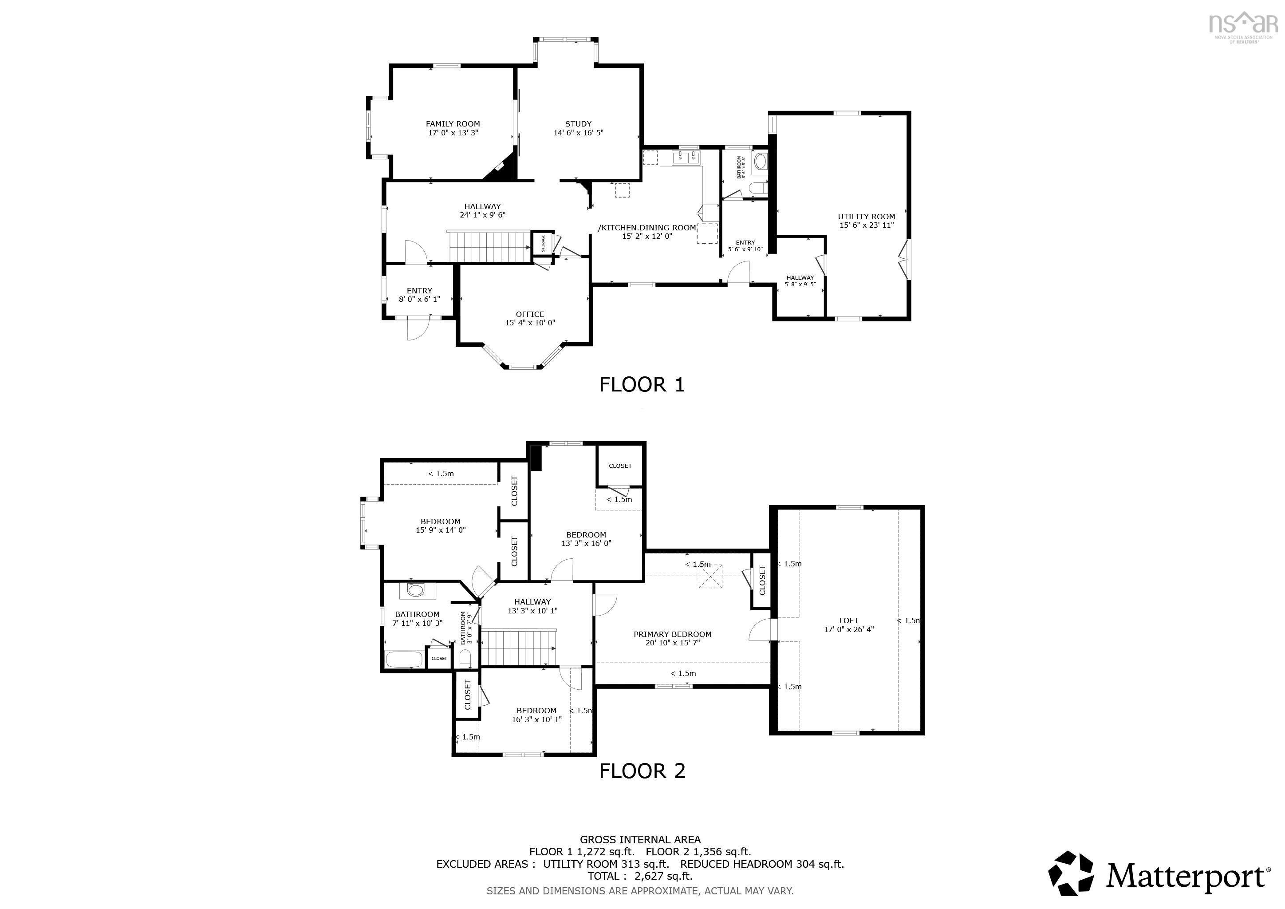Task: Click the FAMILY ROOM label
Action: (452, 124)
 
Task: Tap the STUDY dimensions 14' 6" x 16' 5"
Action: (578, 133)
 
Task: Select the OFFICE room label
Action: (529, 314)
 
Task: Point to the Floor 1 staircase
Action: (488, 247)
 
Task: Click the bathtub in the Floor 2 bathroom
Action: (403, 659)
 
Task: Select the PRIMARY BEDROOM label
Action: (672, 634)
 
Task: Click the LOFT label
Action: (848, 620)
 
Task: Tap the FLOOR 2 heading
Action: (642, 771)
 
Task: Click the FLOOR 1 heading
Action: (642, 384)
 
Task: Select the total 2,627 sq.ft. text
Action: (640, 876)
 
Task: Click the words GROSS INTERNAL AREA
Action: (640, 840)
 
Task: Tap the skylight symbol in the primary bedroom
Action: (710, 577)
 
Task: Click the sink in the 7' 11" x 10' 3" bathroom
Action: (415, 590)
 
